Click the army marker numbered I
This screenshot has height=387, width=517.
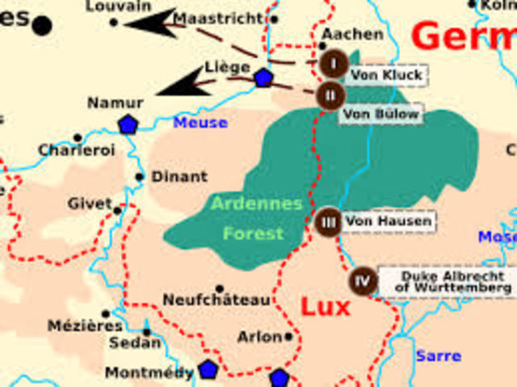(x=333, y=62)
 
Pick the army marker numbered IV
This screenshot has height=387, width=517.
(x=363, y=281)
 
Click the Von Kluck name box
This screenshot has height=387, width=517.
(x=386, y=75)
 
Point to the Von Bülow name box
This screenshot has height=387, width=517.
(x=381, y=115)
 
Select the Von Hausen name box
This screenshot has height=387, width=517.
(x=389, y=221)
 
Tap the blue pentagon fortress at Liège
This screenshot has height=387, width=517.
(x=263, y=78)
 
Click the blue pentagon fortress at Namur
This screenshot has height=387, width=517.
(x=128, y=124)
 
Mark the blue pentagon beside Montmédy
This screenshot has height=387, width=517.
(x=208, y=370)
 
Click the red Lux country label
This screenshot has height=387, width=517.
(x=325, y=307)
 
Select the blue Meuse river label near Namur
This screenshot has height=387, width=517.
(x=200, y=123)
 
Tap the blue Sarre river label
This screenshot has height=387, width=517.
(x=439, y=355)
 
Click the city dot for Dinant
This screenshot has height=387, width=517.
(x=140, y=177)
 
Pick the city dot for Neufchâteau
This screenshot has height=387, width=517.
(x=219, y=288)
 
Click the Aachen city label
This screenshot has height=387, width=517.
(x=352, y=34)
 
